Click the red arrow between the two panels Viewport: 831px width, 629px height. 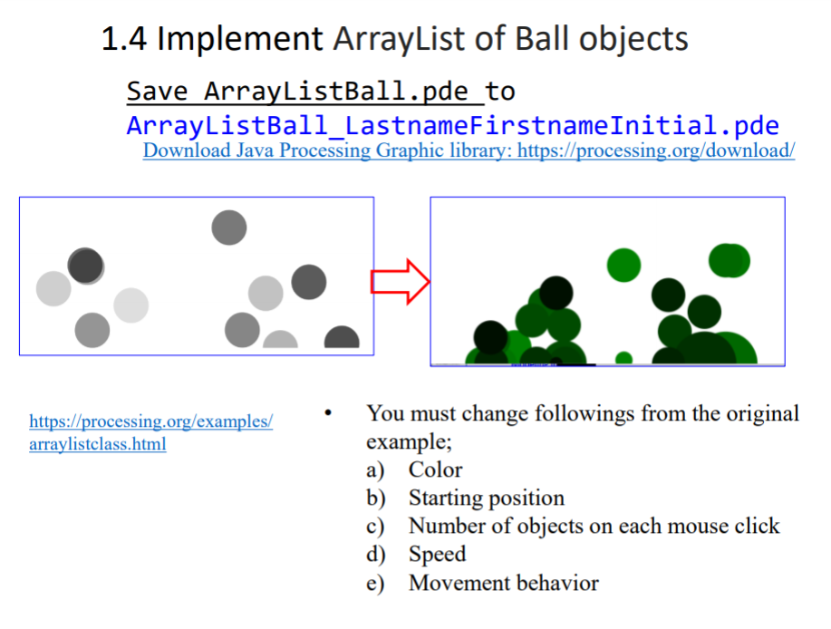[400, 281]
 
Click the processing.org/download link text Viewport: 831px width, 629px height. [469, 150]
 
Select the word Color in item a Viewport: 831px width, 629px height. [435, 469]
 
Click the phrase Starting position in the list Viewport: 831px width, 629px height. [486, 498]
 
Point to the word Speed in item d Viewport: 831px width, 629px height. [437, 554]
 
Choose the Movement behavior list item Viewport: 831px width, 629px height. [503, 583]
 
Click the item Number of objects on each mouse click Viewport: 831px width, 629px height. [594, 526]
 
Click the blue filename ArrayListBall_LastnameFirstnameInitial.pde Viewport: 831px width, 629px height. [452, 124]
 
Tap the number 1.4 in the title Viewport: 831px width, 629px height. [125, 39]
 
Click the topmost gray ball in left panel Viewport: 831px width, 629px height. [229, 227]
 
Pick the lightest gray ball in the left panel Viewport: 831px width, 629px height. [130, 305]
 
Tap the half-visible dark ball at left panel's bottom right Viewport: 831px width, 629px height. [342, 339]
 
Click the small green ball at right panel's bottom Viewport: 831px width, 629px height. [623, 359]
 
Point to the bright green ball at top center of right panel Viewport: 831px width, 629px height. [623, 265]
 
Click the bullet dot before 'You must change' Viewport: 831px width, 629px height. [330, 414]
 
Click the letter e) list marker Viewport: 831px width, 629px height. [375, 584]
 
